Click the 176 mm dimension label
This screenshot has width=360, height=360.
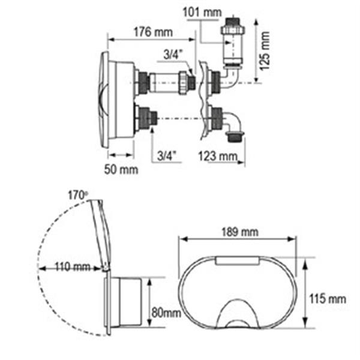(153, 32)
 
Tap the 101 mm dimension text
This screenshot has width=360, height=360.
(202, 13)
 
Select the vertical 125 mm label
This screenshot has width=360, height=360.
(265, 51)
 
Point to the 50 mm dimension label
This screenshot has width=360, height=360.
(121, 170)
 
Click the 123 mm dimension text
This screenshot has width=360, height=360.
(218, 157)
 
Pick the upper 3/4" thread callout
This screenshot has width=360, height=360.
(173, 55)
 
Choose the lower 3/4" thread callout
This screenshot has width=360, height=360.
(167, 156)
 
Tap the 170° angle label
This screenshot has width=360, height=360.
(78, 196)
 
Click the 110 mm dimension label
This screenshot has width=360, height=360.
(73, 267)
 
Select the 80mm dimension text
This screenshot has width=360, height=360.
(166, 312)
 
